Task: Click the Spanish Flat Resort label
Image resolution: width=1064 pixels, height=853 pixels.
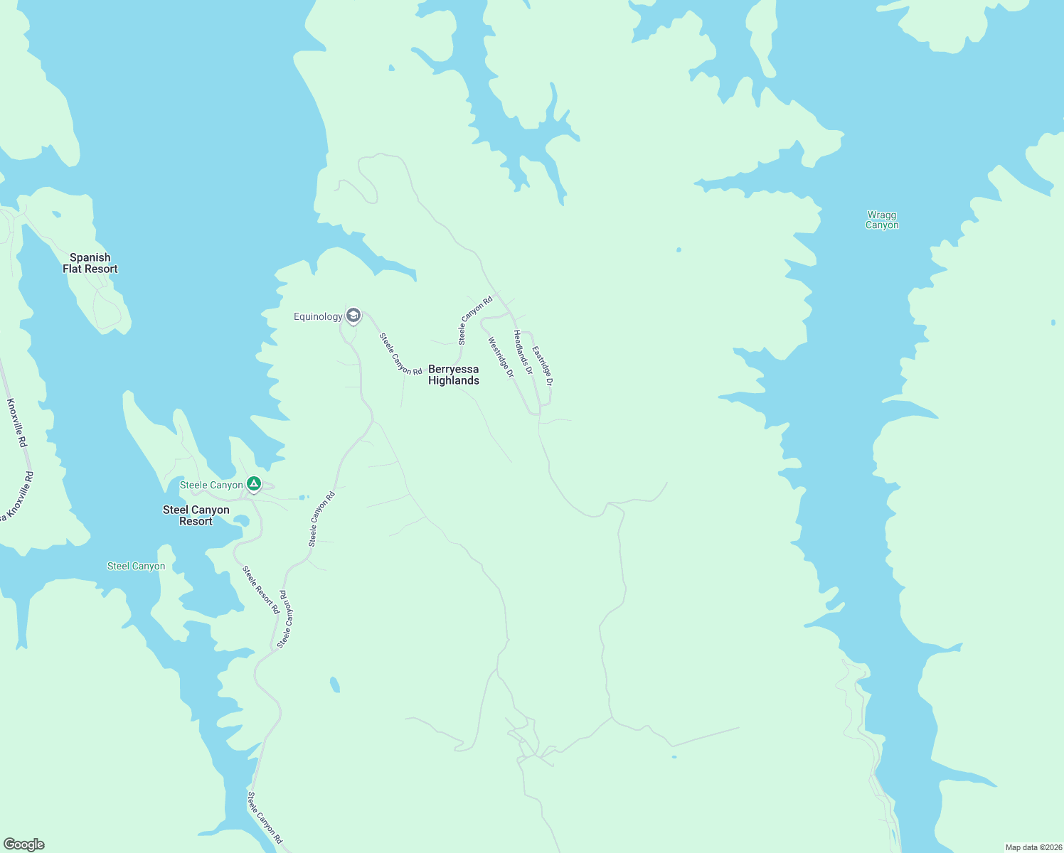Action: [x=90, y=263]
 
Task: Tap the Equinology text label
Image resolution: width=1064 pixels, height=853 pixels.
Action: [x=318, y=316]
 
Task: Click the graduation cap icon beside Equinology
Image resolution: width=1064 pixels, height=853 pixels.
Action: [x=353, y=316]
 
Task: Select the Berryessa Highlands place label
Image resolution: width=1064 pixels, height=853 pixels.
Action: [x=454, y=375]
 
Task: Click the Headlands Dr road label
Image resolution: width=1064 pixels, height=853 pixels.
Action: [x=523, y=352]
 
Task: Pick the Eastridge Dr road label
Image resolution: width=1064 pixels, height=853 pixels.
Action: [x=543, y=366]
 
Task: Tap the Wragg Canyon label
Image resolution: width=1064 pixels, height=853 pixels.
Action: [x=882, y=220]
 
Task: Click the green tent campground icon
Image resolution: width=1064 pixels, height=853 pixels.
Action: [x=254, y=485]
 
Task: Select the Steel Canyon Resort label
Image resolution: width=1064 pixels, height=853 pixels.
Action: [x=196, y=515]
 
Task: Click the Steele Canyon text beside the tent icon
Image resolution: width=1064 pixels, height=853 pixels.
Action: [x=211, y=485]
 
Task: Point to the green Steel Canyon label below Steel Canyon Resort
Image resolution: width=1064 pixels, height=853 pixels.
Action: [x=136, y=567]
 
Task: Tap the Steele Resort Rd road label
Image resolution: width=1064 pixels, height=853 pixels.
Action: [x=260, y=590]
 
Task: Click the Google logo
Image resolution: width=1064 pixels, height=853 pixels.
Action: [x=24, y=844]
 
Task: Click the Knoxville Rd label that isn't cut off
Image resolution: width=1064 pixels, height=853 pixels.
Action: [x=17, y=423]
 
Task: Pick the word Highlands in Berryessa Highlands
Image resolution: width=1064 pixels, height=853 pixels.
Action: [x=454, y=381]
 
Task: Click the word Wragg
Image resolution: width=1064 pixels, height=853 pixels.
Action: [x=882, y=215]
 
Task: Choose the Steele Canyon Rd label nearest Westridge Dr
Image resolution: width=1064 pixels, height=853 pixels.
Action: [x=475, y=321]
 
